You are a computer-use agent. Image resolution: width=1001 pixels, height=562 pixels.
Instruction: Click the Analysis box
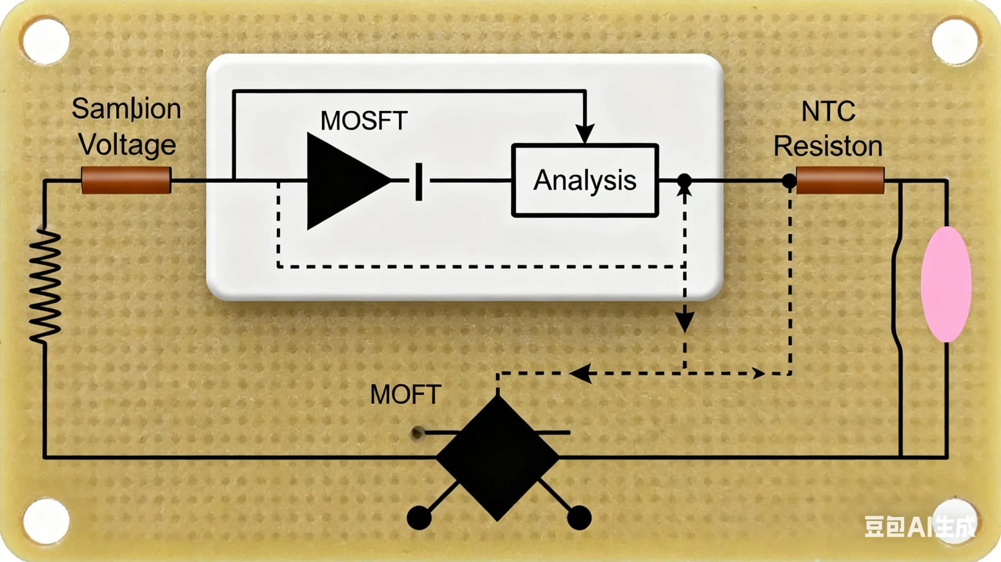coord(584,180)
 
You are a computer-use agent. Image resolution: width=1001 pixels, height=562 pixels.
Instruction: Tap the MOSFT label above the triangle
coord(363,121)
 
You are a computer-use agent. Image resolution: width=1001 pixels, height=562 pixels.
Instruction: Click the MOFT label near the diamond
coord(405,394)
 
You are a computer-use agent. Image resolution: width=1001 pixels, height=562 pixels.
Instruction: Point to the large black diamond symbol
coord(497,458)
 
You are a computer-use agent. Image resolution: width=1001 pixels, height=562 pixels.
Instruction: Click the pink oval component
coord(945,284)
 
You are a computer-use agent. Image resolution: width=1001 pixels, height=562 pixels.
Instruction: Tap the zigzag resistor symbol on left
coord(45,286)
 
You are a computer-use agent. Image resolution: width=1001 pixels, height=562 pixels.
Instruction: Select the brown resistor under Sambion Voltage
coord(126,180)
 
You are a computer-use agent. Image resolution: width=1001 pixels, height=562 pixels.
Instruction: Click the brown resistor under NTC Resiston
coord(840,180)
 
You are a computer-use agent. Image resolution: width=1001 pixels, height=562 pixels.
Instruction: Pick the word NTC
coord(828,111)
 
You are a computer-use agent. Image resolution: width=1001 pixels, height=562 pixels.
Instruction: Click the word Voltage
coord(127,145)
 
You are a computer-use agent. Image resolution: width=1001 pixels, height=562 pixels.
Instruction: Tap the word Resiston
coord(827,146)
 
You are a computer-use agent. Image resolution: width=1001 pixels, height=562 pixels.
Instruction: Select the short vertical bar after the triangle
coord(419,181)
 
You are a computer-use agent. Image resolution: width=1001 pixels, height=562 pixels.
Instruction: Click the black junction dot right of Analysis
coord(684,181)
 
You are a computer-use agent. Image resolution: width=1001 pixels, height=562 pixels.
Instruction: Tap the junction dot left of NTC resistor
coord(789,181)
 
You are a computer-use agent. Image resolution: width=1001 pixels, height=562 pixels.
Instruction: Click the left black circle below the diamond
coord(419,517)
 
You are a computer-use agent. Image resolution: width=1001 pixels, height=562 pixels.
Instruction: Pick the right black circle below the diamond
coord(579,517)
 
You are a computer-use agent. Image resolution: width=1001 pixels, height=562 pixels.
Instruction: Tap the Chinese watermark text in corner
coord(919,527)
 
